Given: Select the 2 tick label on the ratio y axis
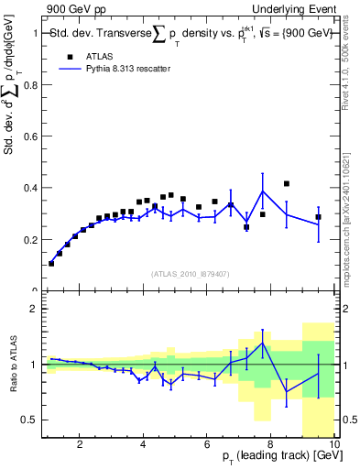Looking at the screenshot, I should tap(35, 309).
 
